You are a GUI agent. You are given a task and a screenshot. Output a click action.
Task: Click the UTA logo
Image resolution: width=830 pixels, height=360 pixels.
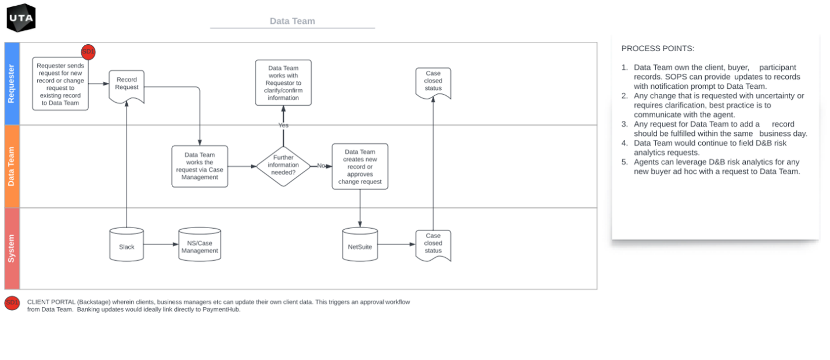pos(21,18)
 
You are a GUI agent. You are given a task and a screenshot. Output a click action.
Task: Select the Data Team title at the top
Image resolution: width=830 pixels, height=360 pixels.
pos(293,21)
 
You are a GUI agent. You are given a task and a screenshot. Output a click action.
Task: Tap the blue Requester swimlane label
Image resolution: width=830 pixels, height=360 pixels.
pos(12,84)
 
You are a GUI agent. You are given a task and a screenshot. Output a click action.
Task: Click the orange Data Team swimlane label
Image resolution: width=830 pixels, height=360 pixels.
pos(12,166)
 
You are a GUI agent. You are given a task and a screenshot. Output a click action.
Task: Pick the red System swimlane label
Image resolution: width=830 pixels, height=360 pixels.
pos(12,249)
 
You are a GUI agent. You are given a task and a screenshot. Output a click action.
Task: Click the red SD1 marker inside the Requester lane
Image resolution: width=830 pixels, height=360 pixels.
pos(88,52)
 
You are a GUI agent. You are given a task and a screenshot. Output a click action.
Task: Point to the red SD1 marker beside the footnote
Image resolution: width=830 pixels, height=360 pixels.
pos(12,303)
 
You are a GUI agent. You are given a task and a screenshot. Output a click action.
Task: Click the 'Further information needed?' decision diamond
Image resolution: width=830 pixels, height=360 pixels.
pos(284,165)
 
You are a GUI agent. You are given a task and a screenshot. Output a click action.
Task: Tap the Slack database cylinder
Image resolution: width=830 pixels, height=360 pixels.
pos(127,244)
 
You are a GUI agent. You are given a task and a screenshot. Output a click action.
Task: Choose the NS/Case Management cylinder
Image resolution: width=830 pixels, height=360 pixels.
pos(200,244)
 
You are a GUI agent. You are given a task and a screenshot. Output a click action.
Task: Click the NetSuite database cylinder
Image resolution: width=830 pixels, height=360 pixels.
pos(360,244)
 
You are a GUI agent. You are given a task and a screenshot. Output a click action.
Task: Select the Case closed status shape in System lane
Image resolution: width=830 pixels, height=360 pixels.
pos(433,244)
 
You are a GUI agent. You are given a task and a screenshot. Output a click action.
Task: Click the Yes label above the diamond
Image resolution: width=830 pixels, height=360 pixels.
pos(283,125)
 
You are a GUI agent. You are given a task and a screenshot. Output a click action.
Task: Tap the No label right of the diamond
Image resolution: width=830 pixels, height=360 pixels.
pos(321,166)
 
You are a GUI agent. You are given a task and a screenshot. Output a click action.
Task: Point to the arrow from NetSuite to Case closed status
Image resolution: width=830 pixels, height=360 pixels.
pos(396,244)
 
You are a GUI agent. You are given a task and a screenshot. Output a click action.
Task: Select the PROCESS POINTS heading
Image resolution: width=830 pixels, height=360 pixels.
pos(658,49)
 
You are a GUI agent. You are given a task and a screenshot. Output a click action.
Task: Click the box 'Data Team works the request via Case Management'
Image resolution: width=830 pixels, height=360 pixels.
pos(200,166)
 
